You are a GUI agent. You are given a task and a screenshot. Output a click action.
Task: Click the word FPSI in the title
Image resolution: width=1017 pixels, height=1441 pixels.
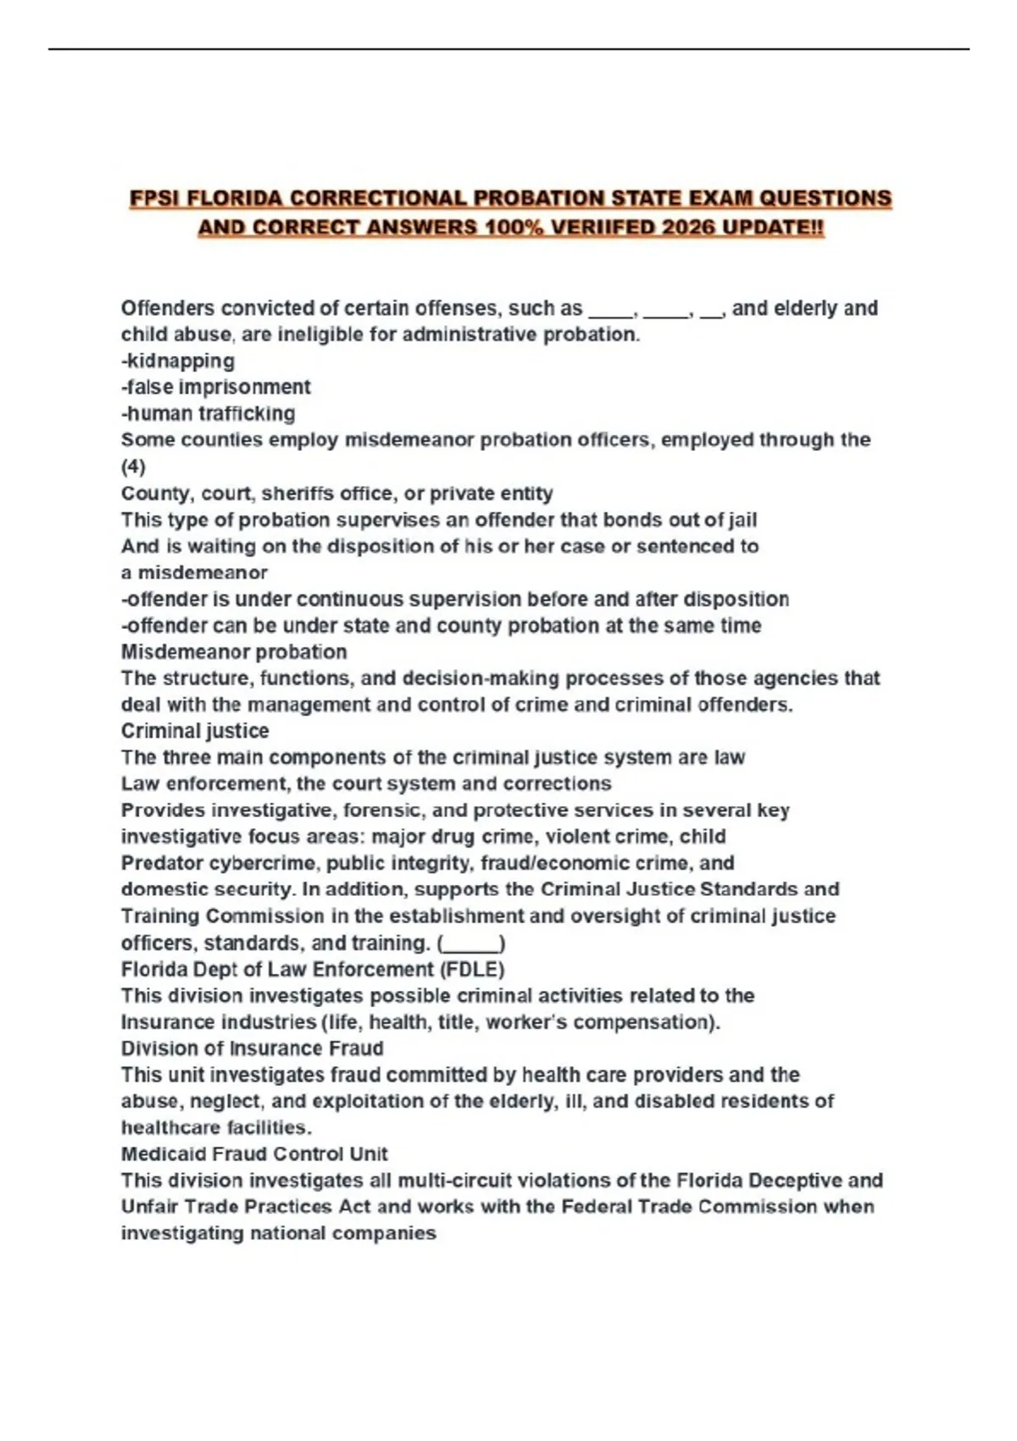155,199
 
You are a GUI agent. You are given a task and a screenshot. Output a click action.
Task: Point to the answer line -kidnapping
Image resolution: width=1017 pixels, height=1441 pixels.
178,361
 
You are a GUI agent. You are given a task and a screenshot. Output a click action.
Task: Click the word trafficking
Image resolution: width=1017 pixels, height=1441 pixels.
247,414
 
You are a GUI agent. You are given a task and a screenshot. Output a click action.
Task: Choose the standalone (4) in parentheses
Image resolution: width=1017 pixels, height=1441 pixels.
133,467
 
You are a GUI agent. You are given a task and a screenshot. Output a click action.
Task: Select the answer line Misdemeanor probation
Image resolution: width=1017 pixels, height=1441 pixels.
234,652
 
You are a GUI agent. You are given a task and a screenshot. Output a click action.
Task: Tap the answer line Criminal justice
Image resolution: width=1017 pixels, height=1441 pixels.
195,731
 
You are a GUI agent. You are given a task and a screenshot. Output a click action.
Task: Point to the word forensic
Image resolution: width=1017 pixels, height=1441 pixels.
381,810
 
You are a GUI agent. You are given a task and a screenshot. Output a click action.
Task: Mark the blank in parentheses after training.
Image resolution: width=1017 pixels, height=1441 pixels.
471,943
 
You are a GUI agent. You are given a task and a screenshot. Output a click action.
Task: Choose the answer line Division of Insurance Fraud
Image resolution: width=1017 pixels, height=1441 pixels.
252,1049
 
